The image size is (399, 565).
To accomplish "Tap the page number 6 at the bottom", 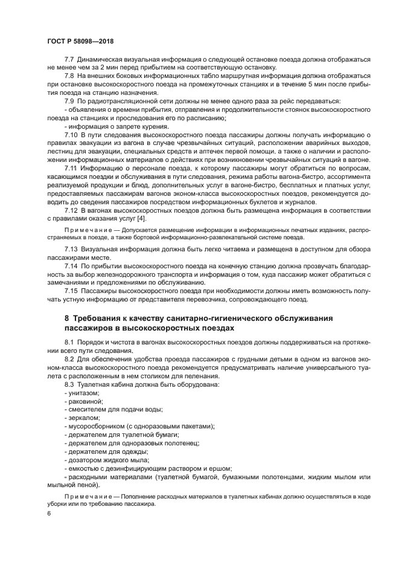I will [49, 513].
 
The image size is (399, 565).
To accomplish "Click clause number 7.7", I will [69, 59].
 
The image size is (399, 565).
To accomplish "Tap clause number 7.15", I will [71, 290].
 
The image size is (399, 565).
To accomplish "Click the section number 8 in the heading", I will [67, 318].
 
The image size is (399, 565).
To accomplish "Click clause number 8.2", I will [69, 360].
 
